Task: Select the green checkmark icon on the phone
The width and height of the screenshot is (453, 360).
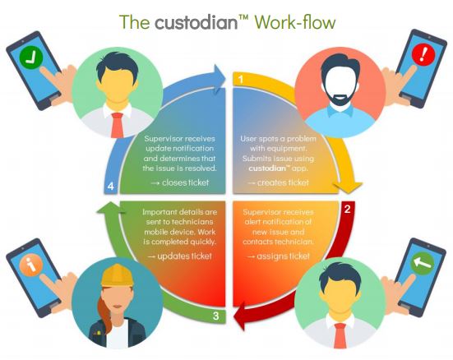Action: [x=31, y=58]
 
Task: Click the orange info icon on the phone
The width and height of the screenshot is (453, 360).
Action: [x=30, y=265]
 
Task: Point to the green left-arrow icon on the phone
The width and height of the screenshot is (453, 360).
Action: [x=422, y=261]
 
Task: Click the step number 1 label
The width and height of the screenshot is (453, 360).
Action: [x=240, y=80]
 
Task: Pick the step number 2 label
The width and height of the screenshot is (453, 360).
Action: [x=348, y=209]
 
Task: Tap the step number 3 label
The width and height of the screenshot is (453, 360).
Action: [x=215, y=316]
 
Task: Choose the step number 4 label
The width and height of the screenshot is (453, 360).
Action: [x=111, y=187]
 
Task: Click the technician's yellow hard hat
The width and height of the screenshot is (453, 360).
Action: [x=117, y=275]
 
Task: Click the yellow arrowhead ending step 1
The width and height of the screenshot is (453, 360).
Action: [x=348, y=187]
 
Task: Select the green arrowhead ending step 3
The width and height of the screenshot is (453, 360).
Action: [x=111, y=207]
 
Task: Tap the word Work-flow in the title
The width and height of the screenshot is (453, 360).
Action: [x=295, y=22]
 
